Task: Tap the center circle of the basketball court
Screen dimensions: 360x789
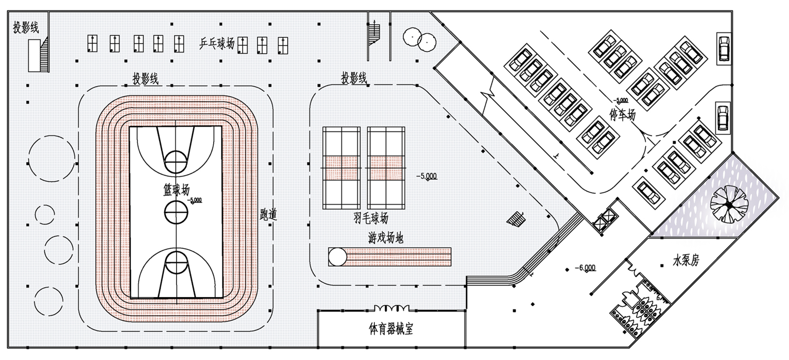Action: click(x=175, y=211)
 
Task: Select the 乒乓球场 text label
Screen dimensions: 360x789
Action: click(x=217, y=44)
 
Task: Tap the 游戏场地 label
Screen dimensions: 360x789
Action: click(x=386, y=238)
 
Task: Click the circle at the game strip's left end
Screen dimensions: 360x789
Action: click(x=337, y=256)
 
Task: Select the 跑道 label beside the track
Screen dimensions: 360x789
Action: click(x=269, y=215)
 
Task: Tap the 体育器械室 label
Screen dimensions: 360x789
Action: click(x=391, y=329)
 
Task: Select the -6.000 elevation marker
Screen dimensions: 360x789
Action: click(x=587, y=268)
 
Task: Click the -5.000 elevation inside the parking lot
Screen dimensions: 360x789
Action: click(x=621, y=100)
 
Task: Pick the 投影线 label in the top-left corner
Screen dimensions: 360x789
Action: click(x=26, y=28)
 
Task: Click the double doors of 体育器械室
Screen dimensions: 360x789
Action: click(x=392, y=308)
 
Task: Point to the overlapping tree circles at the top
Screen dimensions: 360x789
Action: click(x=420, y=38)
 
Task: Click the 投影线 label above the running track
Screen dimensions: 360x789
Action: click(x=146, y=79)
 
